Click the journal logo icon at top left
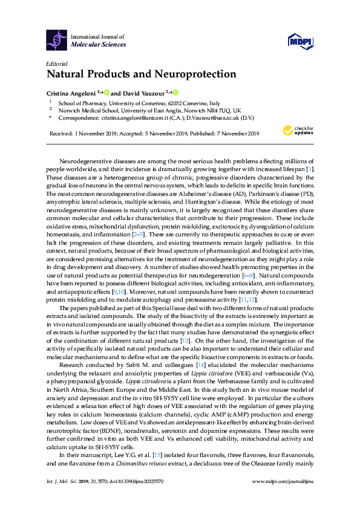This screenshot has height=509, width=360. click(x=57, y=40)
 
